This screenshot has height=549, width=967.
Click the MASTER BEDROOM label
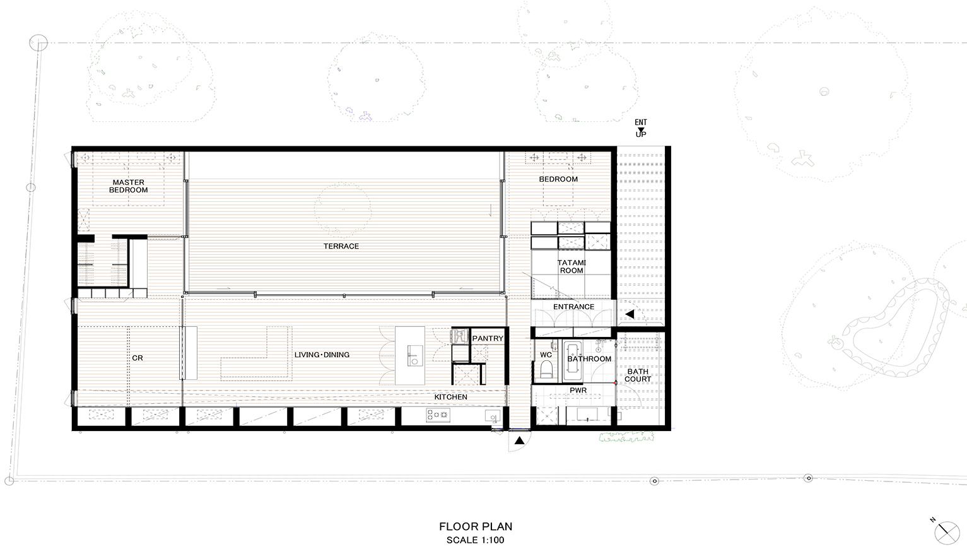coord(128,186)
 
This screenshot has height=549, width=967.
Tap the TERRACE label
coord(341,246)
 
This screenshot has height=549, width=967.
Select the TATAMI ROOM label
coord(571,266)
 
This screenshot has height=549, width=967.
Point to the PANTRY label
coord(488,338)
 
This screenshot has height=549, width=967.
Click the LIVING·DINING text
coord(322,355)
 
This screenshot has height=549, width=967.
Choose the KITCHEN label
coord(450,397)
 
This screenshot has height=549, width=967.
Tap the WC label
coord(546,355)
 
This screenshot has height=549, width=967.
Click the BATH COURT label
coord(638,375)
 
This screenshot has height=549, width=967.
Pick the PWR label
coord(578,390)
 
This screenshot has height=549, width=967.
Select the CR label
coord(138,358)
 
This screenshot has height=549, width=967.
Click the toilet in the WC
coord(546,369)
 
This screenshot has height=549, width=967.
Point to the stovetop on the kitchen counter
coord(438,415)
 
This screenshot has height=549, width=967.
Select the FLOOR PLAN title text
coord(476,526)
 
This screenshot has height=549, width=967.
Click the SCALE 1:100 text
coord(475,540)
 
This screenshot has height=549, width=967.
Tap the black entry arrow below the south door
coord(519,440)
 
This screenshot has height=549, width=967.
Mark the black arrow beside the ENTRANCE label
coord(630,314)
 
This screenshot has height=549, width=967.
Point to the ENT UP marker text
coord(641,128)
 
